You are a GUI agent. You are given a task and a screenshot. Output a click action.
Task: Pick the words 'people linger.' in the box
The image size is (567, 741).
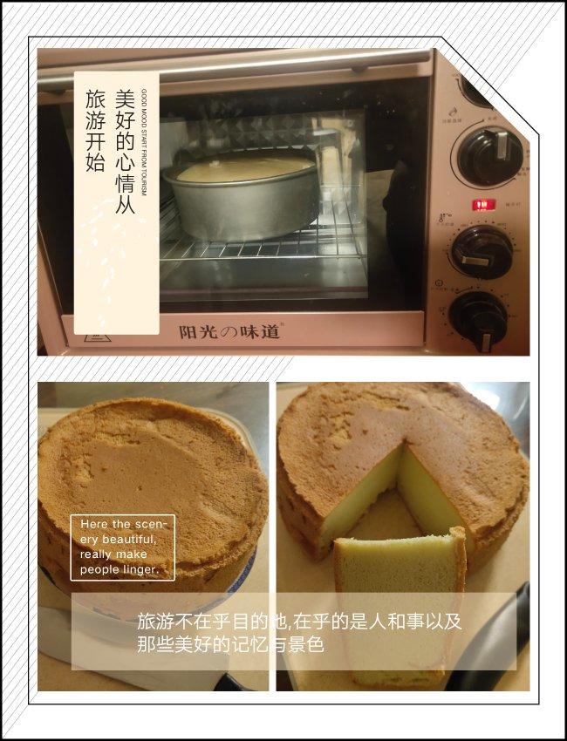120,569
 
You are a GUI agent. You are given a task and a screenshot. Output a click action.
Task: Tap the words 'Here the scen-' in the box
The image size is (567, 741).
117,524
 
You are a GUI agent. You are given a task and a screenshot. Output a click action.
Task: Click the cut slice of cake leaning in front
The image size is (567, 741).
398,602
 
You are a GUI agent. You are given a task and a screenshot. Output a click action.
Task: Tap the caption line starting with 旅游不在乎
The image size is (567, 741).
299,622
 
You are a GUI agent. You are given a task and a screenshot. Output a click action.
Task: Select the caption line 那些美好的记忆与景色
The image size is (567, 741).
230,645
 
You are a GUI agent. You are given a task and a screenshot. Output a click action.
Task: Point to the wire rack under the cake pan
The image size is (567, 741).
262,248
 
